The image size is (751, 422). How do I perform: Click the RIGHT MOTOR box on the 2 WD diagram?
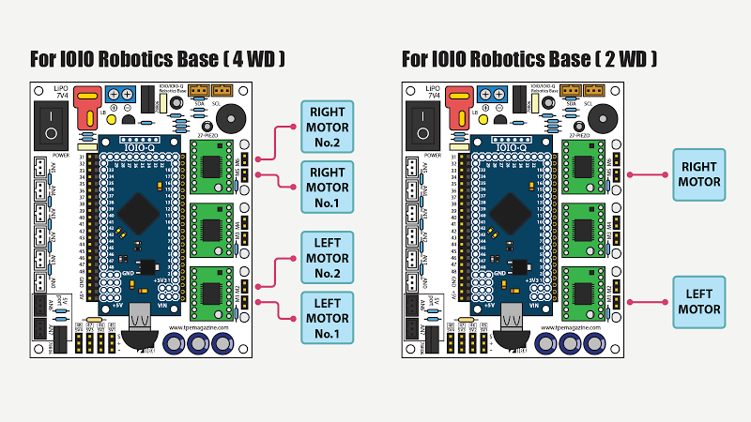pos(698,173)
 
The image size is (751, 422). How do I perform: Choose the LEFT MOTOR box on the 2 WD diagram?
pos(698,301)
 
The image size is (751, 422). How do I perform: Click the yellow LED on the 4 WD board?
pos(111,119)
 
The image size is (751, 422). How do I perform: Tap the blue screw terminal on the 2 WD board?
pos(489,95)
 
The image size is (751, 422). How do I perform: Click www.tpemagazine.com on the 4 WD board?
pos(201,328)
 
